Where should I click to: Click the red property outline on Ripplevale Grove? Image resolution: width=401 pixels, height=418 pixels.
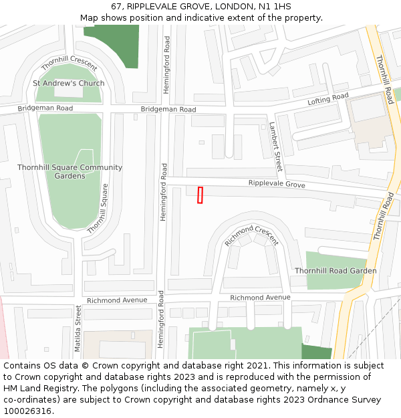click(200, 195)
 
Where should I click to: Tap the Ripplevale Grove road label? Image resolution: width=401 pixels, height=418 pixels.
click(277, 184)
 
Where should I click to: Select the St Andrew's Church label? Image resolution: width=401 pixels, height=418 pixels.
click(69, 84)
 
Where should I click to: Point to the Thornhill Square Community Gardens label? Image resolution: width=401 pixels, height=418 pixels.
click(70, 172)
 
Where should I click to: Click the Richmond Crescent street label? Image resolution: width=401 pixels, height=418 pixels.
click(251, 235)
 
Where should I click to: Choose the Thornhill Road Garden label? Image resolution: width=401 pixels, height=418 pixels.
click(336, 271)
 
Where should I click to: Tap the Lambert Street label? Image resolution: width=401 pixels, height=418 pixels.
click(276, 146)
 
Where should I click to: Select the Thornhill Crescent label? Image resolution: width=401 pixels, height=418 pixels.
click(69, 64)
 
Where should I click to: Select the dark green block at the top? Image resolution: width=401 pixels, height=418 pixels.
click(112, 37)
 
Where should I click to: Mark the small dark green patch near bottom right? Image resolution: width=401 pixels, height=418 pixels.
click(316, 352)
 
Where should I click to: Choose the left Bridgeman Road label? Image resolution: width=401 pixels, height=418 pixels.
click(45, 108)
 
